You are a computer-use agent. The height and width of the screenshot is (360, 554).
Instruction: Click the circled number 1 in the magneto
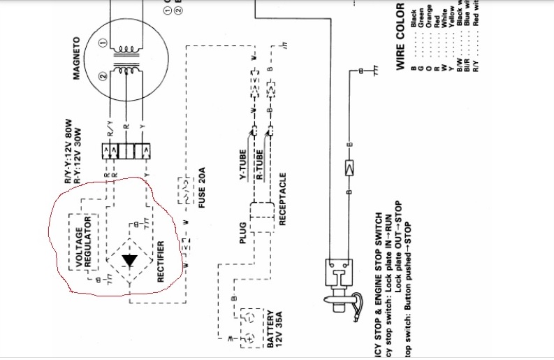pyautogui.click(x=103, y=43)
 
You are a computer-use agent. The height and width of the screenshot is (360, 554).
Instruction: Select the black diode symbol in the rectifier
pyautogui.click(x=129, y=261)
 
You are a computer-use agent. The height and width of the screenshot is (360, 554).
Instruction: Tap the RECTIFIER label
pyautogui.click(x=161, y=261)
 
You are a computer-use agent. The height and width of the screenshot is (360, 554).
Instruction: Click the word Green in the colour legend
pyautogui.click(x=419, y=27)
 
